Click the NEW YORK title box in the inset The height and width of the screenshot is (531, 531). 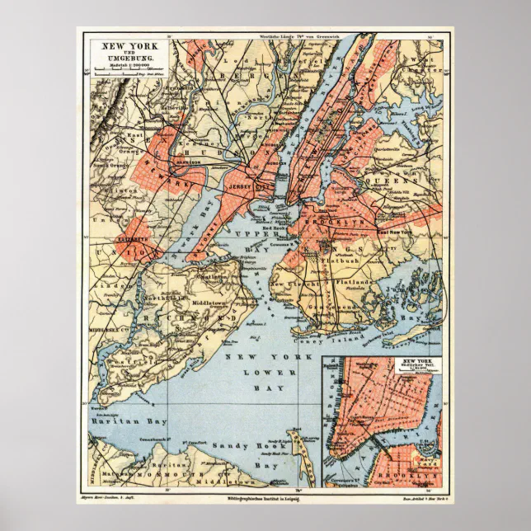417,364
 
